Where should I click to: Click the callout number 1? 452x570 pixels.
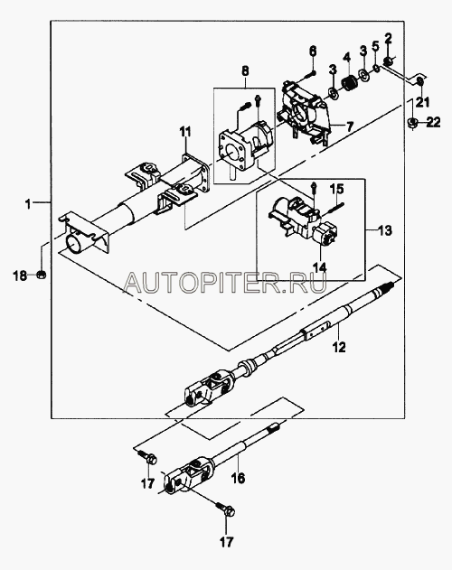coord(28,204)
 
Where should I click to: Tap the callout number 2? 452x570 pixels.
coord(389,38)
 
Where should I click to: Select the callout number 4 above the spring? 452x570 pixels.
coord(346,58)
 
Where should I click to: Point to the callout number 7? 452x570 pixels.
coord(349,126)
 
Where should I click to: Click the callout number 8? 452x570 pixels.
coord(245,70)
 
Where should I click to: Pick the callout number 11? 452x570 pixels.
coord(186,132)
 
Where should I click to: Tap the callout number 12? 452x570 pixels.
coord(339,347)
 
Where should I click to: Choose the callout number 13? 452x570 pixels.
coord(385,230)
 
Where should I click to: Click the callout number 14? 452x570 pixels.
coord(319,267)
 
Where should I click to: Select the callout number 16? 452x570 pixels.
coord(238,478)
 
